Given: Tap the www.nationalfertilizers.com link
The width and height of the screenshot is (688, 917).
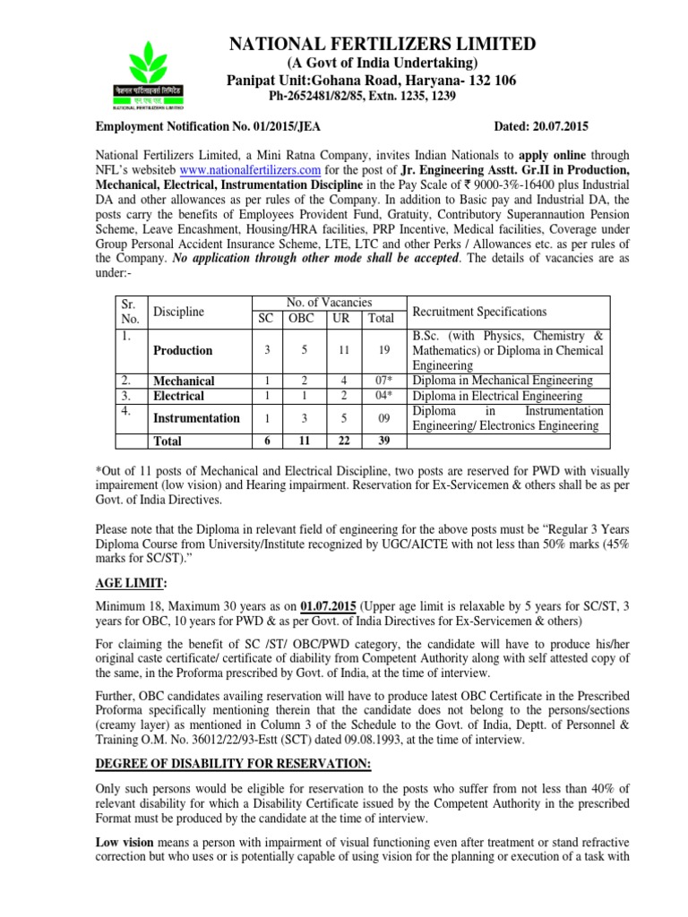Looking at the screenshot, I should point(250,168).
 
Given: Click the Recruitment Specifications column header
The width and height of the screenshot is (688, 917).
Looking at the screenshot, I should point(479,312).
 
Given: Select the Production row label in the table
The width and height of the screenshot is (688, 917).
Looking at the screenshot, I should point(183,350).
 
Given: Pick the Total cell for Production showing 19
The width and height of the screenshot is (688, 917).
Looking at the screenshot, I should point(383,350).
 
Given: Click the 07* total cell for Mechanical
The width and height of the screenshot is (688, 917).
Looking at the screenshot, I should point(383,381).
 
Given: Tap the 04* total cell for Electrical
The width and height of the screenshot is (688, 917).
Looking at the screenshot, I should point(383,396).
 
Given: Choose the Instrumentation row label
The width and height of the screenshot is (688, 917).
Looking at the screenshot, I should point(196,417).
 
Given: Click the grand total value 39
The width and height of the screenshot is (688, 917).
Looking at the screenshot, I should point(383,441).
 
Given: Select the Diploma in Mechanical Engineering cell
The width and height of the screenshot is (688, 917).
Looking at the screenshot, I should point(503,381).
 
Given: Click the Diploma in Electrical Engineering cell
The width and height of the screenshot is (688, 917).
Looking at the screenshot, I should point(497,396).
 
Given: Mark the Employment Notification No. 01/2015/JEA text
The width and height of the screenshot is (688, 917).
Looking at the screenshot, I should point(213,127).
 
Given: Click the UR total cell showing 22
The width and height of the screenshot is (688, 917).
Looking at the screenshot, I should point(344,441).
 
